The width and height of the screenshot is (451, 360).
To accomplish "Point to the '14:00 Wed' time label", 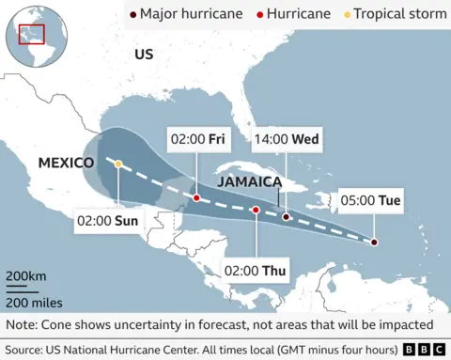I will (286, 140).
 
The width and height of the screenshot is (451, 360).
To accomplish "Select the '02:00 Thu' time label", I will (256, 271).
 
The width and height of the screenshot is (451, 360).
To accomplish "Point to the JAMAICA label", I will (250, 180).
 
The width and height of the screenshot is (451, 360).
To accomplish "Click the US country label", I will (143, 55).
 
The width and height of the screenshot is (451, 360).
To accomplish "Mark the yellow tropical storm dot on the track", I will (118, 164).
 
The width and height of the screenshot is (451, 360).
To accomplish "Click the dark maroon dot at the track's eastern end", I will (374, 243).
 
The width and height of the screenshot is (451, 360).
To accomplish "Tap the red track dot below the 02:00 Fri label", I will (195, 198).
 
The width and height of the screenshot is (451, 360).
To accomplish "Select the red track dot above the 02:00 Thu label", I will (255, 211).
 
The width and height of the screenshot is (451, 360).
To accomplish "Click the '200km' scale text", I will (26, 276).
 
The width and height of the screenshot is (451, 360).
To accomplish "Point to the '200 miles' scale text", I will (34, 303).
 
